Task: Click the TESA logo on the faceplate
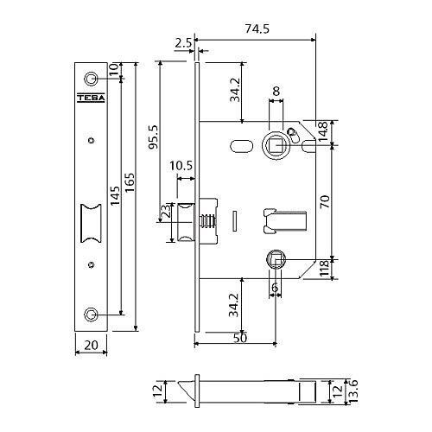[91, 98]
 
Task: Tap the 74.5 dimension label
[257, 29]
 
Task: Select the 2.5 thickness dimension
[183, 43]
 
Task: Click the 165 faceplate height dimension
[130, 184]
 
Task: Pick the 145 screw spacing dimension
[115, 196]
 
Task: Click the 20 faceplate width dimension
[91, 345]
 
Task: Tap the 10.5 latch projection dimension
[181, 166]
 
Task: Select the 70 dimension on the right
[325, 201]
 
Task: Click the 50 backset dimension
[240, 338]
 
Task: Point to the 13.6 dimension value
[353, 391]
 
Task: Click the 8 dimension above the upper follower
[276, 92]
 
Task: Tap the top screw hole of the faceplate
[91, 79]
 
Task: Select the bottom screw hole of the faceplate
[91, 314]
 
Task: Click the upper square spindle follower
[276, 145]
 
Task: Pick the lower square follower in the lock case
[276, 259]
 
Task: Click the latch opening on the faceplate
[91, 223]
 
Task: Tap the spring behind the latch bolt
[207, 222]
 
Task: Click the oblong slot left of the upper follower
[241, 145]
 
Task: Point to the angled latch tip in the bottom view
[187, 391]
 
